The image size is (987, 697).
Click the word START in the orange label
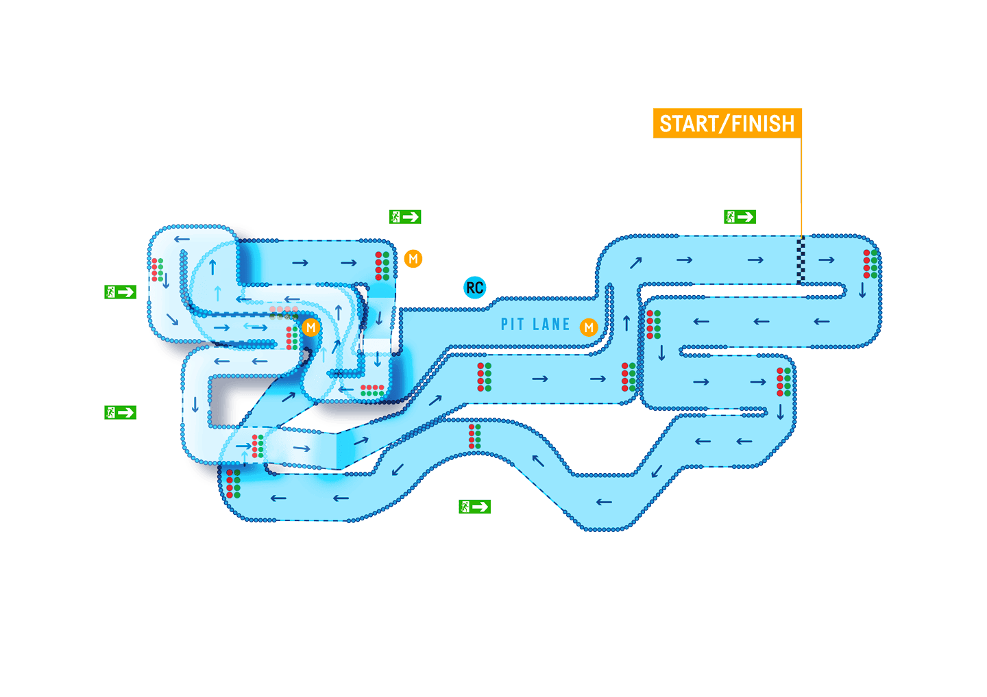point(689,124)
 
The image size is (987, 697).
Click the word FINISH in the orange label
point(763,124)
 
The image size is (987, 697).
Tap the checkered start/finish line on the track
point(801,260)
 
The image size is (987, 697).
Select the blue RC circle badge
point(474,288)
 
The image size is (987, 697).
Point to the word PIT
point(512,325)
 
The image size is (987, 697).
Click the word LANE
point(551,325)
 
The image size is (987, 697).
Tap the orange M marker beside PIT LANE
point(589,327)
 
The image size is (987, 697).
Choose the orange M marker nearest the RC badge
point(413,259)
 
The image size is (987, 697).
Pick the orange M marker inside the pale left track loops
point(310,327)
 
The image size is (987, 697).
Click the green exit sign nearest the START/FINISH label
point(740,217)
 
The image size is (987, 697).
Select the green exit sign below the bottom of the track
point(474,507)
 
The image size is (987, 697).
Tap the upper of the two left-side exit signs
point(121,292)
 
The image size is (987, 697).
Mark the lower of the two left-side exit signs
point(121,412)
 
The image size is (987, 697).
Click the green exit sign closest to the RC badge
point(404,217)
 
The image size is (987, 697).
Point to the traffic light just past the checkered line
point(870,264)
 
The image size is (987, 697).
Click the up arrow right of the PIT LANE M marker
point(626,322)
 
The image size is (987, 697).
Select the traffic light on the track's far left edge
point(157,270)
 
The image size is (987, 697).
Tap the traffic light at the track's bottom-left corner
point(233,483)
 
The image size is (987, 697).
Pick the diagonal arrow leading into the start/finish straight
point(636,262)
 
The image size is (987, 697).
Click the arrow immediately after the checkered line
point(827,259)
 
